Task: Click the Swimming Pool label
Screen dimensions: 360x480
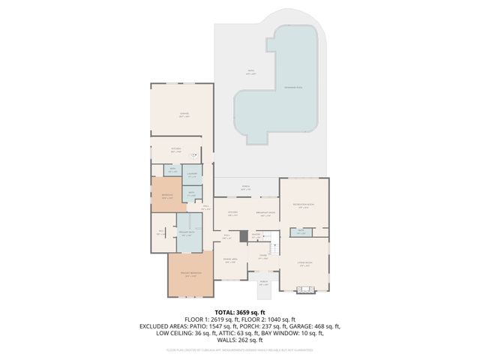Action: [292, 88]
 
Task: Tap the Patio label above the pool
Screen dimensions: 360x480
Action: [250, 73]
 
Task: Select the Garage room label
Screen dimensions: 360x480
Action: [183, 115]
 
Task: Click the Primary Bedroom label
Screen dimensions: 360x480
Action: [190, 274]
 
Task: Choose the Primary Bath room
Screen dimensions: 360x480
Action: [186, 234]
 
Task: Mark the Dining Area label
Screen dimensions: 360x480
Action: [231, 261]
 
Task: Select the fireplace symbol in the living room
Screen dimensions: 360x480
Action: [304, 289]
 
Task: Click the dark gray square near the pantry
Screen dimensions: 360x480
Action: [243, 235]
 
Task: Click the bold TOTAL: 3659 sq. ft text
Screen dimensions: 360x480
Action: [240, 312]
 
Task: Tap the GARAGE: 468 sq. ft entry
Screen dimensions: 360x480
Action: [316, 327]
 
